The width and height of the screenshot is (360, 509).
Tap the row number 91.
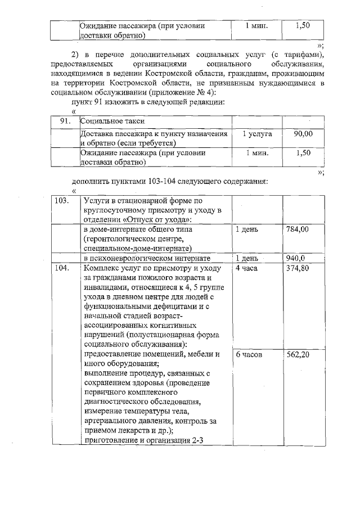(65, 121)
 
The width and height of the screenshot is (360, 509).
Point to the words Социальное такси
(113, 121)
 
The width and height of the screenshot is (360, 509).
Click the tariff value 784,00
(298, 229)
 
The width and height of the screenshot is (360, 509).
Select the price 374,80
(298, 268)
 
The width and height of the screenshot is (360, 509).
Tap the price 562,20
(298, 355)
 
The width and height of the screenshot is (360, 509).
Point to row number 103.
(64, 200)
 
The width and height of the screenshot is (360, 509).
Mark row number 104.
(64, 268)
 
